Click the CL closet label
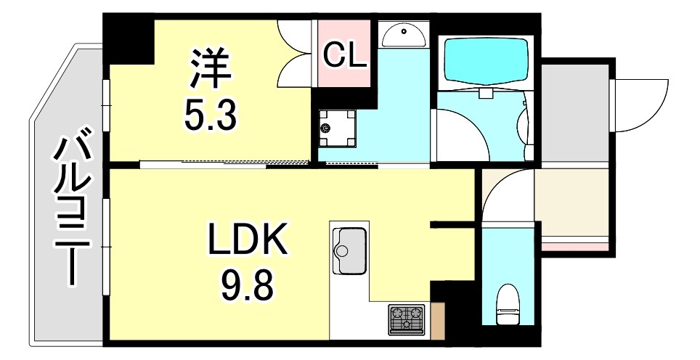tap(344, 56)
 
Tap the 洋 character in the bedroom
tap(211, 67)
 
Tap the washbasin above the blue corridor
tap(404, 33)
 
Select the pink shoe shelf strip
tap(574, 247)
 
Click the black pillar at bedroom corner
tap(129, 36)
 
